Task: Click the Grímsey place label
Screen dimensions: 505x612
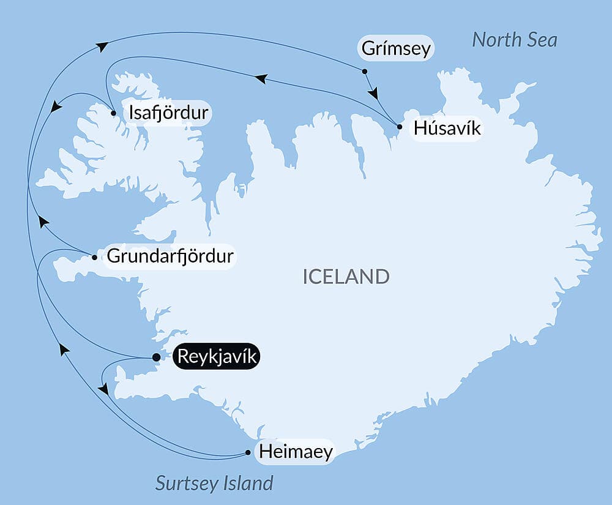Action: pos(396,48)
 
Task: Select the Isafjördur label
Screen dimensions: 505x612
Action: pos(166,113)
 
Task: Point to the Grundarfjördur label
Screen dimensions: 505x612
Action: pos(170,256)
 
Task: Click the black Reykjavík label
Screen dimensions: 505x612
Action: pos(217,356)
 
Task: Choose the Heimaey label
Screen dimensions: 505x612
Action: pos(296,452)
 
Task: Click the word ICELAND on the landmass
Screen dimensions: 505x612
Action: pos(346,277)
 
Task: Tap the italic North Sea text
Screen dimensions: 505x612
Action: pos(514,40)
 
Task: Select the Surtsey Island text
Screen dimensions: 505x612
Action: pos(214,483)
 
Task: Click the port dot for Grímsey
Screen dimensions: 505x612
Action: pos(365,72)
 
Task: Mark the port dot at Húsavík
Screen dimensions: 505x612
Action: pos(399,127)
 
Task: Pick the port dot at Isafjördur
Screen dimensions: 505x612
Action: pos(114,113)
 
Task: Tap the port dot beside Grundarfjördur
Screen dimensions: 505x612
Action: pos(94,257)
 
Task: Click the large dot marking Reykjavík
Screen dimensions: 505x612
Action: pos(156,357)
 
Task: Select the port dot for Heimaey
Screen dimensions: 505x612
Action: pos(248,453)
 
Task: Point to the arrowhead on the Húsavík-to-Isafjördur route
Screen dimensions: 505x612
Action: pos(261,78)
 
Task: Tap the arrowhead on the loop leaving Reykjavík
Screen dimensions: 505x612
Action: pos(103,389)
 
